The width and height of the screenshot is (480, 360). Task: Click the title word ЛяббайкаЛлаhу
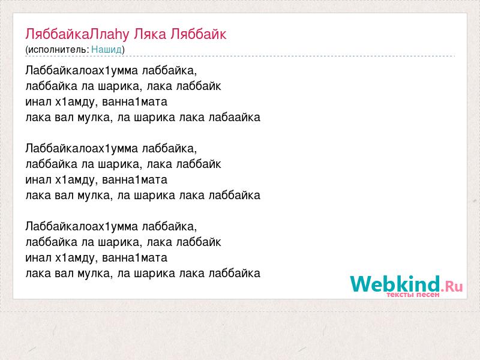coord(77,34)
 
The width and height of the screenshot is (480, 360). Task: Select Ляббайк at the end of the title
coord(199,34)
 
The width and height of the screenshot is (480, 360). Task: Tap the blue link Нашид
coord(107,49)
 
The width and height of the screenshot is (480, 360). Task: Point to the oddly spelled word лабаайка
coord(235,117)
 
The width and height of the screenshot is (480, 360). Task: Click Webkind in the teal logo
coord(395,284)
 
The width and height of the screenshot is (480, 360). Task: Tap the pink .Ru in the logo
coord(452,286)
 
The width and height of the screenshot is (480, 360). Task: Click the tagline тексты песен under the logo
coord(413,295)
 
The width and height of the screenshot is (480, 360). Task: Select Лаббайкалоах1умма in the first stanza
coord(82,70)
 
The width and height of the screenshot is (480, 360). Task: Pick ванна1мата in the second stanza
coord(134,179)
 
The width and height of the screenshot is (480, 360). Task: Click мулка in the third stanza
coord(94,274)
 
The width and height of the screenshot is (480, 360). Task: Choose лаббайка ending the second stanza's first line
coord(170,149)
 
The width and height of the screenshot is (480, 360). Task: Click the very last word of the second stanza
coord(235,196)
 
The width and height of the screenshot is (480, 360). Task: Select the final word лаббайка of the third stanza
coord(235,274)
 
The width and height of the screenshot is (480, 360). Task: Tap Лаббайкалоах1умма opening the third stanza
coord(82,227)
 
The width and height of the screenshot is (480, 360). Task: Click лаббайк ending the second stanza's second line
coord(199,164)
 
